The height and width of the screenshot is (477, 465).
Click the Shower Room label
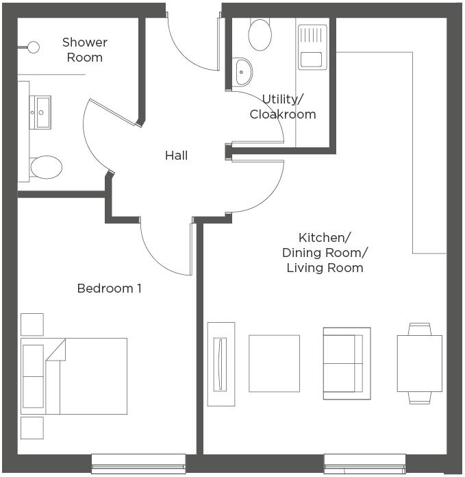[x=85, y=50]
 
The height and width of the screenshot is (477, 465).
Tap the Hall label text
[x=176, y=156]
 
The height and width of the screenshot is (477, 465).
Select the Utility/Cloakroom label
[x=283, y=107]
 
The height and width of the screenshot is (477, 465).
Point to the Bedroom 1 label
[x=110, y=289]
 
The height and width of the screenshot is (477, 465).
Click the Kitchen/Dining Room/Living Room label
[x=324, y=252]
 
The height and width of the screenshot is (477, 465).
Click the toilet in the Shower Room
[x=45, y=167]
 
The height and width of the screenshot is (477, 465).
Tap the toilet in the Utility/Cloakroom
[x=260, y=34]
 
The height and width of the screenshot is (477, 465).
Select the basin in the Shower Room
[x=42, y=112]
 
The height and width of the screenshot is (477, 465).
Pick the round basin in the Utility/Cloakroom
[x=242, y=71]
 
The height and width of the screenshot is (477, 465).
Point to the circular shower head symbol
[x=32, y=47]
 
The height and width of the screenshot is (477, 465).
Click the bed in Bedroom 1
[x=74, y=376]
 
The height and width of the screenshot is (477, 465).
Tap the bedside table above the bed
[x=32, y=324]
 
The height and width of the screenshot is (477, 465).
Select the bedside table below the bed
[x=32, y=428]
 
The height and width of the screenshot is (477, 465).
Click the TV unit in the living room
[x=221, y=364]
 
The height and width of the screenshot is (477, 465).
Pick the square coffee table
[x=274, y=363]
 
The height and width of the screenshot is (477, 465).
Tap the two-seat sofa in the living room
[x=347, y=363]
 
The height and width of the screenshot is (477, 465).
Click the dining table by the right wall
[x=419, y=363]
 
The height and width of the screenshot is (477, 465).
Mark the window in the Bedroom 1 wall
[x=138, y=463]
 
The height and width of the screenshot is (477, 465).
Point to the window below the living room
[x=364, y=463]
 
